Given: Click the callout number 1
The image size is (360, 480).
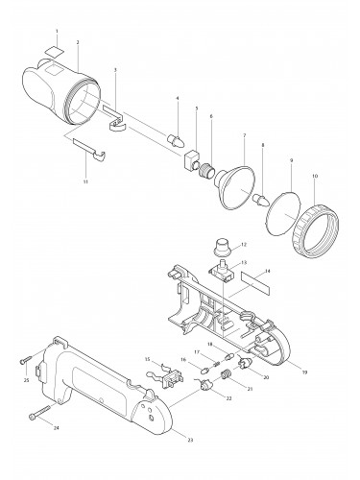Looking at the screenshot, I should pyautogui.click(x=57, y=32).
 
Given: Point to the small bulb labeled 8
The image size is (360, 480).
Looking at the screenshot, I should pyautogui.click(x=260, y=198).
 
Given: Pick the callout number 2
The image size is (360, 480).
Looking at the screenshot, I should pyautogui.click(x=76, y=42).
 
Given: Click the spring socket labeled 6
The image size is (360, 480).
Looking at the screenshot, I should pyautogui.click(x=204, y=169).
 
